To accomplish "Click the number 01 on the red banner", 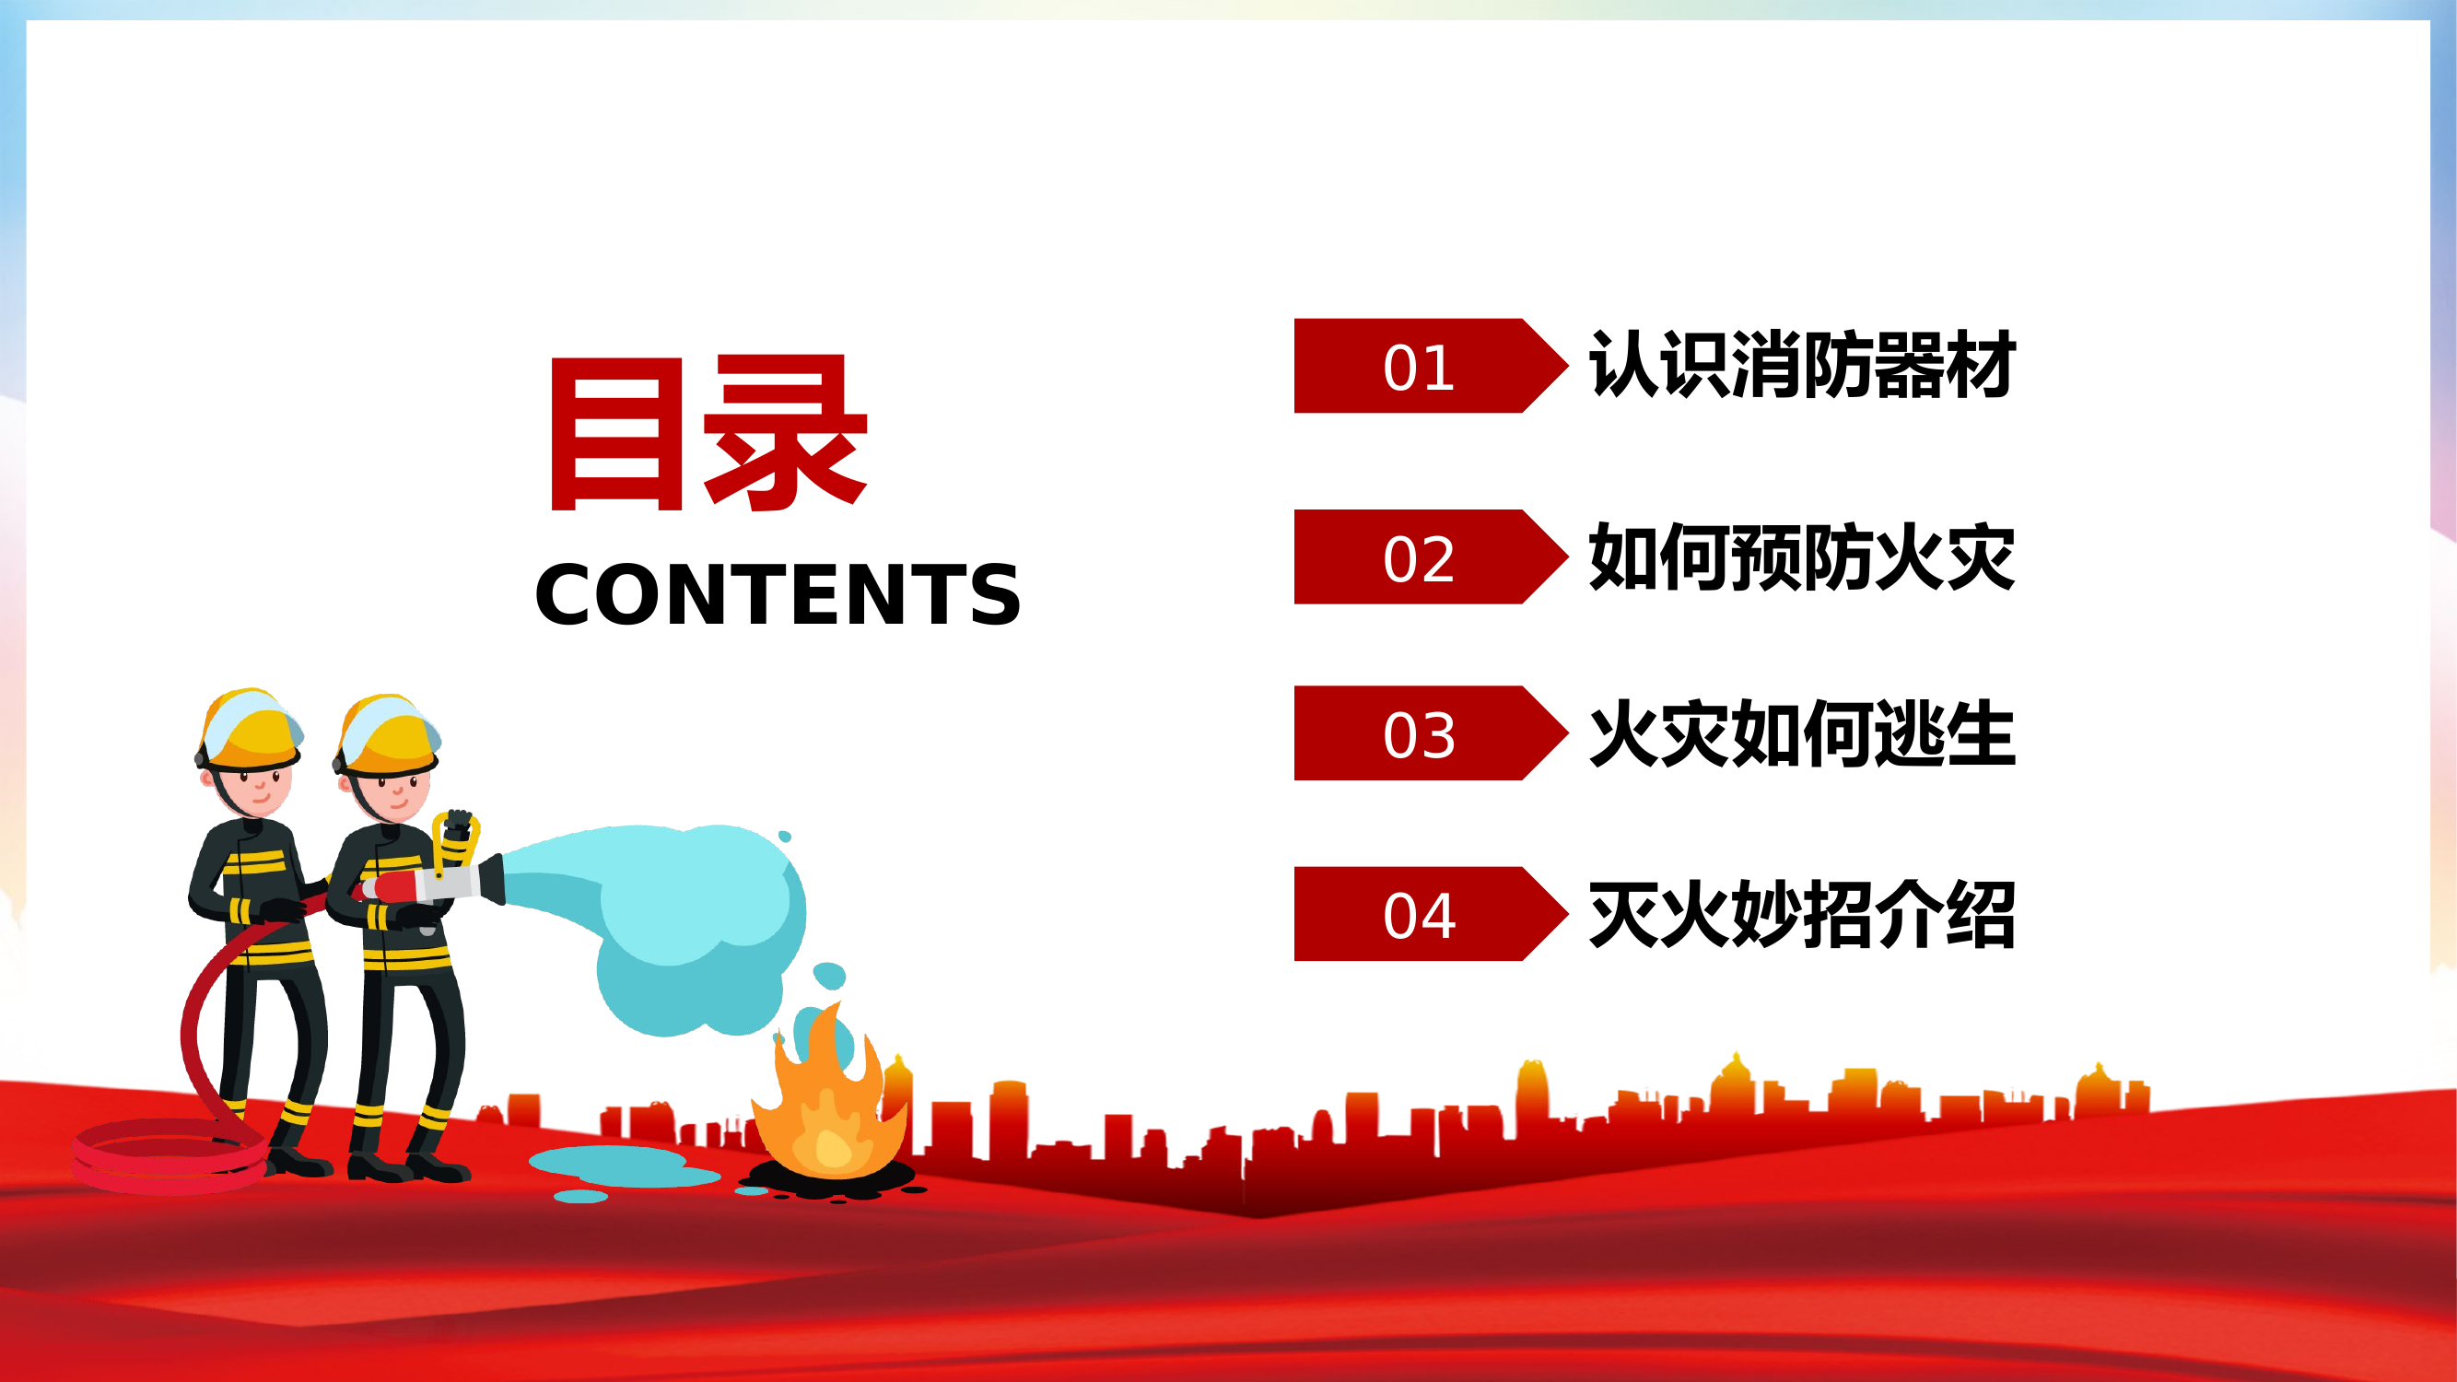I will [x=1419, y=368].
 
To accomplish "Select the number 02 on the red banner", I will [x=1419, y=558].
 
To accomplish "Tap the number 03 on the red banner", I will [x=1419, y=734].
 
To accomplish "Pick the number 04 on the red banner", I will [x=1419, y=916].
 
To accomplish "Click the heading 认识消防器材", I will [x=1801, y=364].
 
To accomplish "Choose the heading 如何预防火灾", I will [x=1801, y=557].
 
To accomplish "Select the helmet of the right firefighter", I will [x=388, y=734].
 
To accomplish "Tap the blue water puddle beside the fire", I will [x=620, y=1165].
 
